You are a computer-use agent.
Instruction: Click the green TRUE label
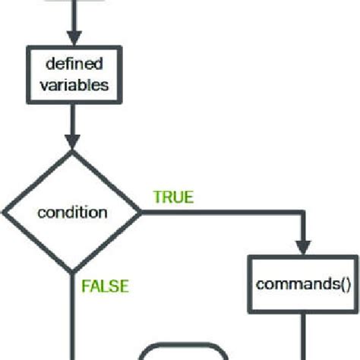coord(173,197)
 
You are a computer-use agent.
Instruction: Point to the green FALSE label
coord(105,286)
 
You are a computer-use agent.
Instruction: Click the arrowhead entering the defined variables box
coord(73,38)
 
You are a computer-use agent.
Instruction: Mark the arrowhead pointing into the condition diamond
coord(73,141)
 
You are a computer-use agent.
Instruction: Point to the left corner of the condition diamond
coord(5,212)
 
